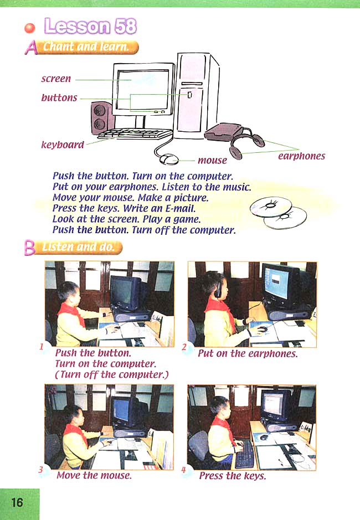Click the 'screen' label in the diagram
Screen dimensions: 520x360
[x=56, y=79]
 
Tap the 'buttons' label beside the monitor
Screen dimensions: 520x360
[x=59, y=98]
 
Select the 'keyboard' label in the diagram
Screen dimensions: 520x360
[x=63, y=145]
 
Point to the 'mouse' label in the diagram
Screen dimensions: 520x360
[x=212, y=161]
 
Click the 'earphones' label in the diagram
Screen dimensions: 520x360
[x=301, y=156]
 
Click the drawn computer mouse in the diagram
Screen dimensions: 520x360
[x=168, y=159]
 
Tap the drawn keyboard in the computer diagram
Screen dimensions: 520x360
[x=135, y=133]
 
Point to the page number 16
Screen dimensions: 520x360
[x=17, y=502]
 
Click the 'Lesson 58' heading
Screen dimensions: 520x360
[x=90, y=26]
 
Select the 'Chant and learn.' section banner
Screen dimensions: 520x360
[x=89, y=48]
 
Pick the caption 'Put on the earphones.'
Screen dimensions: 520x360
[x=248, y=354]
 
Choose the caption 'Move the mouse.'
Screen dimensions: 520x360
[x=94, y=475]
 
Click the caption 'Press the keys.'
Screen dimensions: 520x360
[x=232, y=476]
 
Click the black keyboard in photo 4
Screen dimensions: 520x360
[x=244, y=454]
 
